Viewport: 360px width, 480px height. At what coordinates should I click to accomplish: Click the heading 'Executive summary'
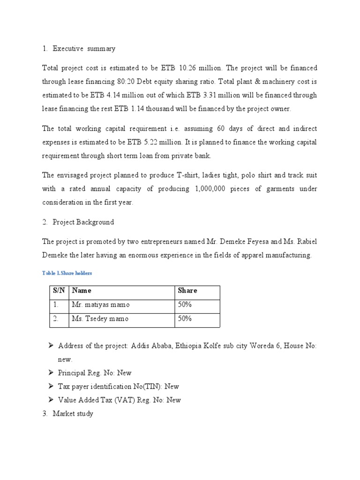tap(84, 48)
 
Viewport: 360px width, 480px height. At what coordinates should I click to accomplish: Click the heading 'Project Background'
tap(83, 222)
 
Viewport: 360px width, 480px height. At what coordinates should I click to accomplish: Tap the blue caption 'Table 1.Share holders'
tap(67, 272)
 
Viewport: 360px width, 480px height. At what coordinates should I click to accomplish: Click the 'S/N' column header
tap(59, 291)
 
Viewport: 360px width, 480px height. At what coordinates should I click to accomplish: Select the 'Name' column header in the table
tap(82, 291)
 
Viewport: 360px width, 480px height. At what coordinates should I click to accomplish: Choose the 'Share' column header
tap(187, 291)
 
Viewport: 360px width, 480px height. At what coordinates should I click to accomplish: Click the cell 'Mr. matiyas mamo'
tap(101, 305)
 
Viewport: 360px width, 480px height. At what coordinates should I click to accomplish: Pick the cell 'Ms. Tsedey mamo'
tap(100, 319)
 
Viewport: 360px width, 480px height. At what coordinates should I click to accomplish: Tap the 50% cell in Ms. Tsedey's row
tap(185, 319)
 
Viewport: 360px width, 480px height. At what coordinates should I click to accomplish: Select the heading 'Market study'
tap(73, 413)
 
